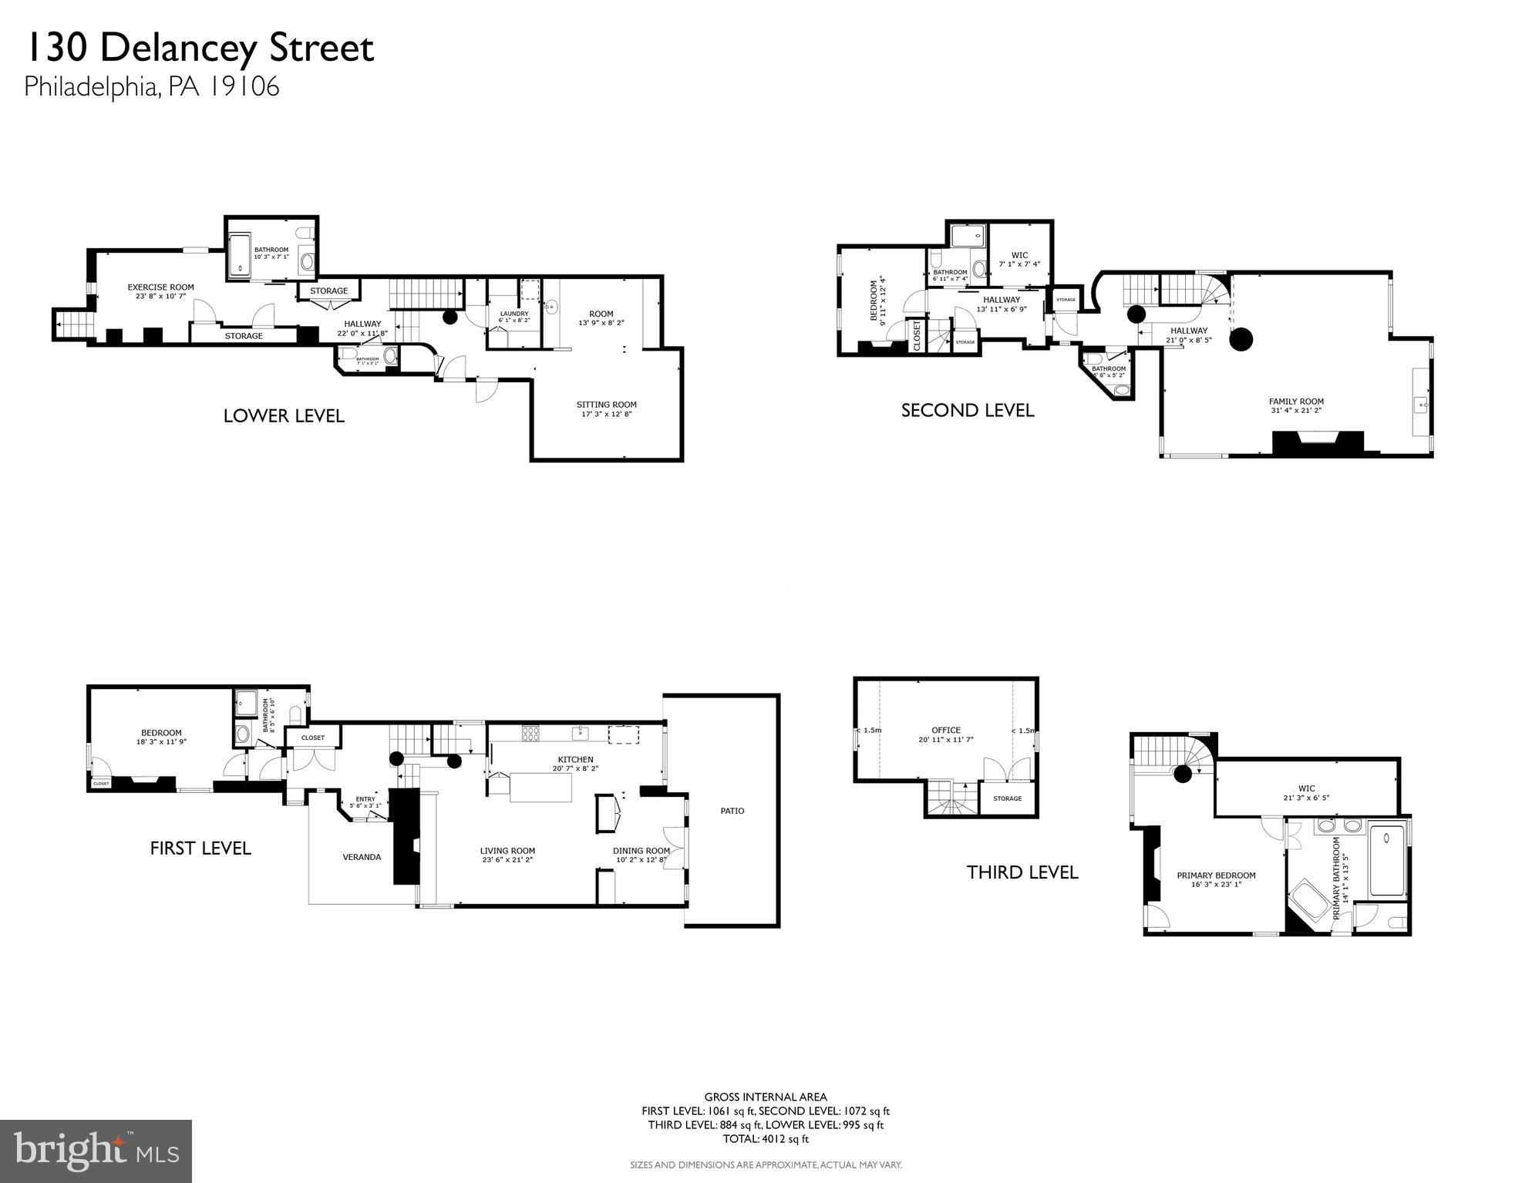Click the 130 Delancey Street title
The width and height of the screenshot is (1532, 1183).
tap(199, 48)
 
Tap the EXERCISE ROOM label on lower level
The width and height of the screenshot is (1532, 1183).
tap(160, 287)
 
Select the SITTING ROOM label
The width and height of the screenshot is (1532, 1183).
tap(606, 405)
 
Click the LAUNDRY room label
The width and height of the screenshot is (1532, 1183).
tap(513, 314)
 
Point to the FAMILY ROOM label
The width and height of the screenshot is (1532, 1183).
tap(1296, 402)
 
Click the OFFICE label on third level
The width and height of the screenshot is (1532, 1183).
tap(945, 730)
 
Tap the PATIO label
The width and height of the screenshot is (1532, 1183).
tap(732, 811)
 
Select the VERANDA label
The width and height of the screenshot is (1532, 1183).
tap(362, 856)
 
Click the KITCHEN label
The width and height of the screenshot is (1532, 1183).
tap(575, 759)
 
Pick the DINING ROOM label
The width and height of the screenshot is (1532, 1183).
tap(641, 851)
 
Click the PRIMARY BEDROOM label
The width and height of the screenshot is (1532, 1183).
tap(1216, 875)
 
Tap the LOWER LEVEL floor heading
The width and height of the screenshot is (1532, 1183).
tap(284, 416)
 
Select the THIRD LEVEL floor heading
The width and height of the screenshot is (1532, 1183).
tap(1022, 872)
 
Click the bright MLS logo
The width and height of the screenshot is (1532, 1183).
tap(96, 1151)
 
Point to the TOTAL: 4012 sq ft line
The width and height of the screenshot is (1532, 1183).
tap(765, 1138)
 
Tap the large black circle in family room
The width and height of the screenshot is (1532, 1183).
tap(1241, 338)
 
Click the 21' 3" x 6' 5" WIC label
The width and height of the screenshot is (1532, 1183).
tap(1306, 788)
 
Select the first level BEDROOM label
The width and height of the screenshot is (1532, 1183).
tap(161, 733)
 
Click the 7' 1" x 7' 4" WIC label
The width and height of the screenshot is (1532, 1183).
tap(1019, 255)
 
